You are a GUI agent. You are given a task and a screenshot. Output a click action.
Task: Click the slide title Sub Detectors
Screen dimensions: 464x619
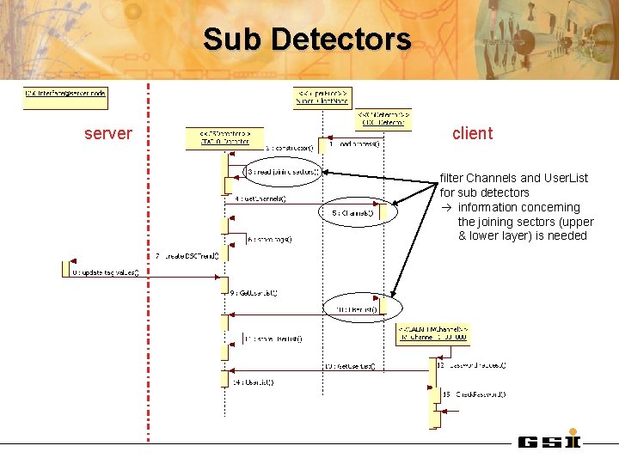point(308,40)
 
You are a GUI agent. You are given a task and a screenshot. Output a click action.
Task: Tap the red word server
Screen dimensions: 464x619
point(108,133)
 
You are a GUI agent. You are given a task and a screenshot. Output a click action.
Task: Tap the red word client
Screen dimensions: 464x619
point(472,133)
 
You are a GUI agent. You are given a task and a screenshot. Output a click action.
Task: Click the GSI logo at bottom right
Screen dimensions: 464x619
point(549,442)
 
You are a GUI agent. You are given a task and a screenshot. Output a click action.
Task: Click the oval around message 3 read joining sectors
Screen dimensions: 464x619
point(283,172)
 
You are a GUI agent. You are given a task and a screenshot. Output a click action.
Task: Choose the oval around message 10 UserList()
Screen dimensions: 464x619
point(361,308)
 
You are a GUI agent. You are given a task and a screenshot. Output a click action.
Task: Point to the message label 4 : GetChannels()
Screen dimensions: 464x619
point(260,198)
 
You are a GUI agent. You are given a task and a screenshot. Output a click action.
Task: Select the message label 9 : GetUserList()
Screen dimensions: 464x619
point(254,292)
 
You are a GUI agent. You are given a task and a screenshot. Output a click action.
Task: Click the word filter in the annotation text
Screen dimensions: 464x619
point(450,178)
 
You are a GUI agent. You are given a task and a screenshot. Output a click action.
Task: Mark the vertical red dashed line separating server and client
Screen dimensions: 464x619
point(149,258)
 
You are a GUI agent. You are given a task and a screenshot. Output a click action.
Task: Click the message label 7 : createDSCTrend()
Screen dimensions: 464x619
point(187,255)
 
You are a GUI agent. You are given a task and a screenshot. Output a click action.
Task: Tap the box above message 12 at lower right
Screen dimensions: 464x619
point(433,333)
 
